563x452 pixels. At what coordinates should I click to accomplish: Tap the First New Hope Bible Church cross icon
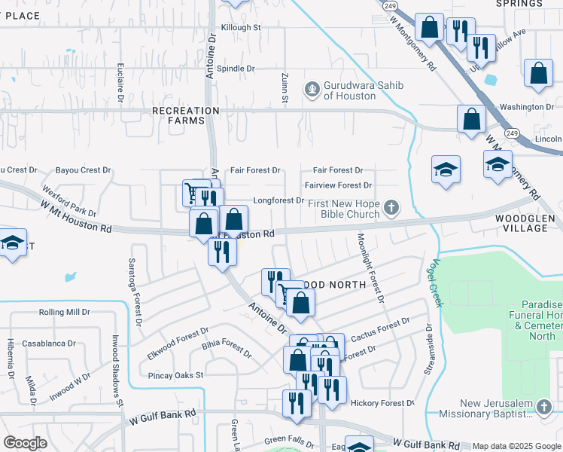(x=391, y=206)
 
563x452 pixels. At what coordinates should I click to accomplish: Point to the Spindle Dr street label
(x=236, y=69)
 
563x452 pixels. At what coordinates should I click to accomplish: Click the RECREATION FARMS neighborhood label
(x=185, y=115)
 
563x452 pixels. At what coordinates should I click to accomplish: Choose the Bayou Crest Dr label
(x=85, y=170)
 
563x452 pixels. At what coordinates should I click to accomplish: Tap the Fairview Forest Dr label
(x=338, y=185)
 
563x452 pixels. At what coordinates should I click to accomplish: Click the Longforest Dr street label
(x=278, y=201)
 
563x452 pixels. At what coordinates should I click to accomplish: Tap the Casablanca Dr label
(x=48, y=343)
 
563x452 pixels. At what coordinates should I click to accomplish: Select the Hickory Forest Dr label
(x=383, y=403)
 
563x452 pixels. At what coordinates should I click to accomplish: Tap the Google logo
(x=26, y=443)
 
